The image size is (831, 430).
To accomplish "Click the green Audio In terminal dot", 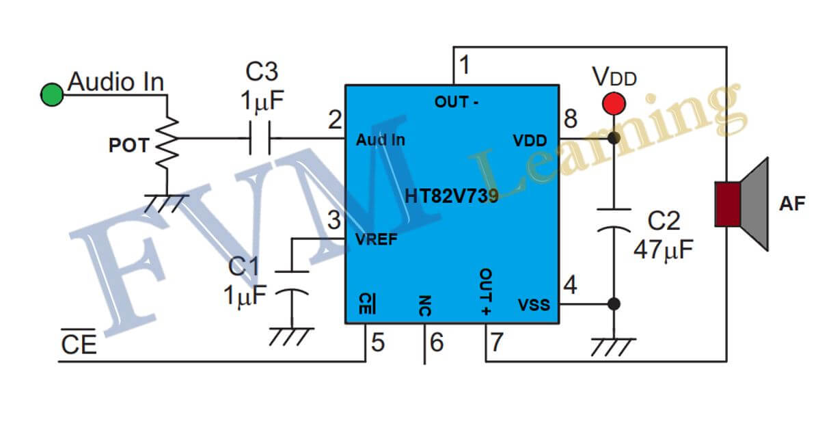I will (52, 94).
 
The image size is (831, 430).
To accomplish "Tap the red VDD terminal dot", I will (614, 104).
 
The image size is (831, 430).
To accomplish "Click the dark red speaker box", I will (727, 203).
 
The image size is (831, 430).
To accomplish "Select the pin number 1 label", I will (465, 66).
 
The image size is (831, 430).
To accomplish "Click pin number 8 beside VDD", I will (571, 120).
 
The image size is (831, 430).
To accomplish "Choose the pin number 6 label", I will (436, 341).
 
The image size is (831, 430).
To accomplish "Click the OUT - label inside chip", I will (457, 103).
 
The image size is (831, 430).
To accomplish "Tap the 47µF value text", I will (663, 250).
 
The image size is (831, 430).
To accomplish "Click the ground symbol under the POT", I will (166, 202).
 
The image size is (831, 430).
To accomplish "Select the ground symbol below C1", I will (292, 336).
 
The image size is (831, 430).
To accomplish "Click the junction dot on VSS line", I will (614, 304).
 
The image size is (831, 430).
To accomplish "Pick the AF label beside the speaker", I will (793, 203).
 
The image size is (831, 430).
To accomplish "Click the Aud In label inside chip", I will (381, 140).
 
